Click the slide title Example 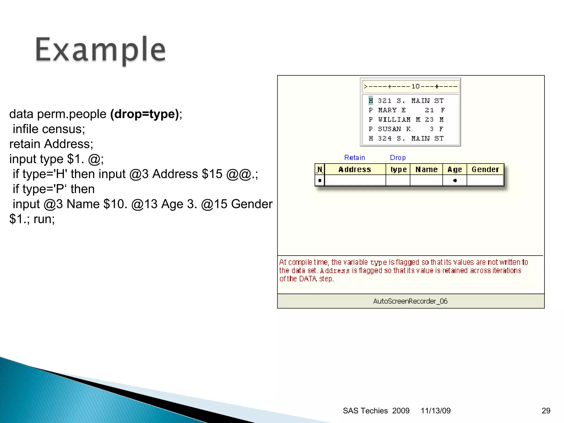tap(101, 50)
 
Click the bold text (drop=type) tap(145, 114)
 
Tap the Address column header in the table tap(355, 169)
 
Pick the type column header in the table tap(398, 169)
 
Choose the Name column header tap(426, 169)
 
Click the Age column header tap(454, 169)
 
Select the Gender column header tap(485, 169)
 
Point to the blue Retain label tap(354, 158)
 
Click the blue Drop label tap(398, 158)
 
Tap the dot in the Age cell tap(455, 181)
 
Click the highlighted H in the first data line tap(371, 101)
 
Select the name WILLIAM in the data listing tap(394, 120)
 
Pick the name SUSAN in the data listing tap(389, 129)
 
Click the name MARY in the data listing tap(387, 110)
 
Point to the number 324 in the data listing tap(384, 138)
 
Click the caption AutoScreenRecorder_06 tap(410, 301)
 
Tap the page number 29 tap(546, 411)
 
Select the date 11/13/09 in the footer tap(435, 411)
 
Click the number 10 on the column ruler tap(415, 86)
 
